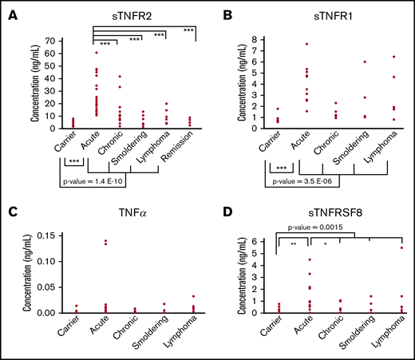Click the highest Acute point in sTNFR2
[x=97, y=53]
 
